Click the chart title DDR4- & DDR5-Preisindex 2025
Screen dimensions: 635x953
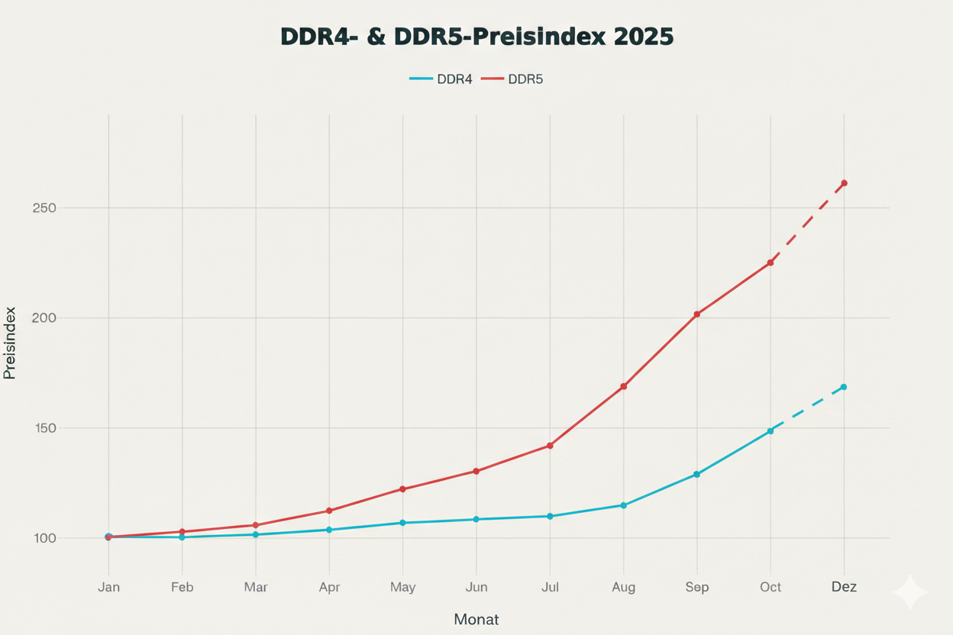point(476,37)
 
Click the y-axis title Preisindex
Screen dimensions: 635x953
point(10,343)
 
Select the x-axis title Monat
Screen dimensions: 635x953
point(476,619)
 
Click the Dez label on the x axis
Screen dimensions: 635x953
point(844,587)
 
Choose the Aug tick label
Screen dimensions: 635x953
point(623,587)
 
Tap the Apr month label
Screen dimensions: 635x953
point(329,587)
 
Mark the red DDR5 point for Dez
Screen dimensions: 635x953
point(844,183)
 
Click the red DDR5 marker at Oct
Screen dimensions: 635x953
point(770,263)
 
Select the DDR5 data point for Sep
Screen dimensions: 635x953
point(697,314)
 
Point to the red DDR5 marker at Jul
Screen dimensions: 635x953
point(550,446)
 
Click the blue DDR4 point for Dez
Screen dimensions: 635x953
point(844,387)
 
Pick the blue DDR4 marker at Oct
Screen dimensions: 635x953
point(770,431)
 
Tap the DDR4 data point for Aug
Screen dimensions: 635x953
point(624,505)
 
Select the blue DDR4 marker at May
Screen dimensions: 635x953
point(402,523)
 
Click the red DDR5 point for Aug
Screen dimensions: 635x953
point(624,387)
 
